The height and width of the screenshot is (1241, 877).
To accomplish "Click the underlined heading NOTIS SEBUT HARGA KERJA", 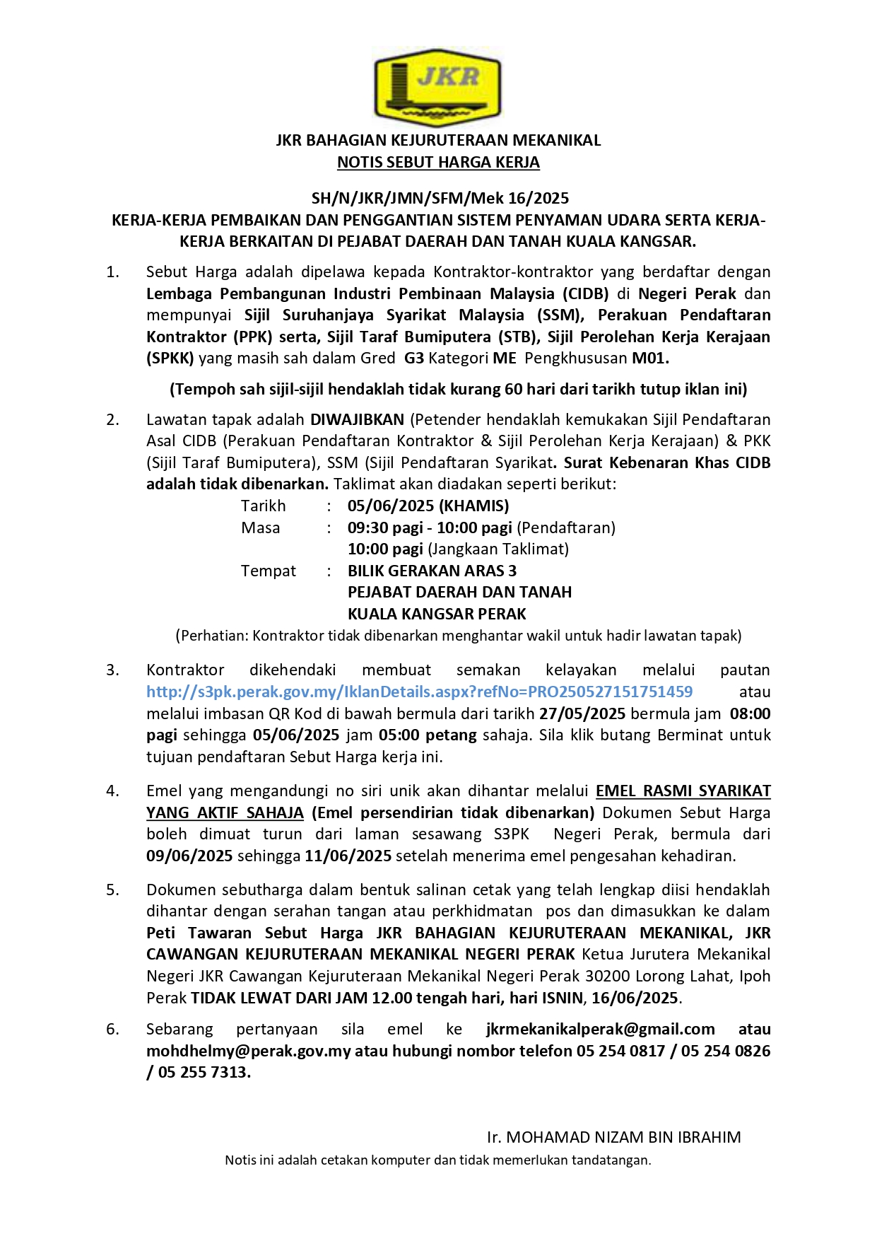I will [438, 163].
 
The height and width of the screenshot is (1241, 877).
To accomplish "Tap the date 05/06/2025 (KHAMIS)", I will [428, 506].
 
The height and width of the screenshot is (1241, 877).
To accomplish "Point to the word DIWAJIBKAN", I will [357, 420].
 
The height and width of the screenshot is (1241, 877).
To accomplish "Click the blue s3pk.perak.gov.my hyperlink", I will [419, 692].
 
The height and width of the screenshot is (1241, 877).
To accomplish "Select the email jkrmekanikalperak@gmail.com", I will [601, 1030].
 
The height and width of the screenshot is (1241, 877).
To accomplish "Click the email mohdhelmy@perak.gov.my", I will [248, 1051].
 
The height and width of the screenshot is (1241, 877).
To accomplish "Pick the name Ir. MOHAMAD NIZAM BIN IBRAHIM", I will [613, 1138].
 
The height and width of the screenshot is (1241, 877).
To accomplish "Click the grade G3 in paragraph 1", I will [414, 359].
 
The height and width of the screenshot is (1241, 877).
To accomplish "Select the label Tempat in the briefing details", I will [269, 571].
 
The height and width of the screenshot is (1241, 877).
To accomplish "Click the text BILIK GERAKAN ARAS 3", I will [432, 571].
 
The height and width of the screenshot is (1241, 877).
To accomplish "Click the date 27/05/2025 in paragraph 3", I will [582, 713].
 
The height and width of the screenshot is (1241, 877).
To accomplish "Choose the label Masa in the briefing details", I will [261, 528].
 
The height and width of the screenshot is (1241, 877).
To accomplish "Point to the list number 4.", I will [112, 791].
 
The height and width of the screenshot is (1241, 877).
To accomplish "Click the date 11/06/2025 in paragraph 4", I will [348, 856].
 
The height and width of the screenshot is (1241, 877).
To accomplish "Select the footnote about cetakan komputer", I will [438, 1160].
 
